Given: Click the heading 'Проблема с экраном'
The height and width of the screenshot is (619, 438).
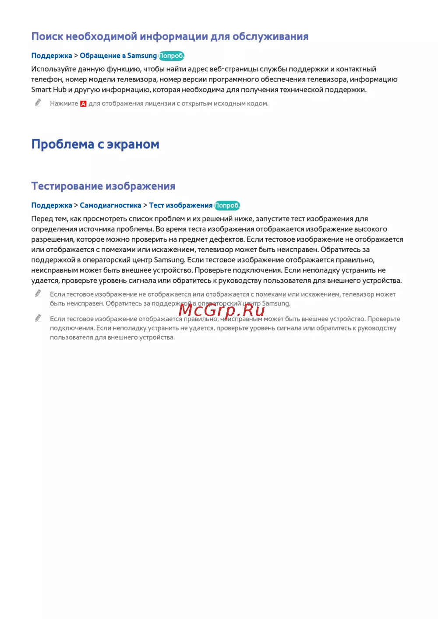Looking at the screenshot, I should (95, 144).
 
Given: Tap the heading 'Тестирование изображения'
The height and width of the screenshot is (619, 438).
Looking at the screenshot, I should (103, 186).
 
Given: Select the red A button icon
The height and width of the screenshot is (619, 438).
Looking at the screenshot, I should (83, 104).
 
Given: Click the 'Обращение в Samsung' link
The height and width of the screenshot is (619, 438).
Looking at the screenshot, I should (118, 56).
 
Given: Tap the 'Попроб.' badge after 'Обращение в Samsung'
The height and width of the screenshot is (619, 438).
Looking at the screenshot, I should (172, 56).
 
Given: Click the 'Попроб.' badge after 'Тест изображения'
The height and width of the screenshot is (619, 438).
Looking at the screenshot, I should (227, 205).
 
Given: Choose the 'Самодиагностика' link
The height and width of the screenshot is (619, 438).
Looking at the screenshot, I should (110, 205).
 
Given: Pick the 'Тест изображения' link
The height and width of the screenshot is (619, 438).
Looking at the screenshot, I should (180, 205).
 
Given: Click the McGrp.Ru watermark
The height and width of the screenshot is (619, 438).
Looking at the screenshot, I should (222, 310).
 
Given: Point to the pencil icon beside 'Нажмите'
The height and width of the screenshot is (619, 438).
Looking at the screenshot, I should (38, 102).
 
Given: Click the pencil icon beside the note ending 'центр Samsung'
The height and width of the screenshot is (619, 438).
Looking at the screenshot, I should (38, 293).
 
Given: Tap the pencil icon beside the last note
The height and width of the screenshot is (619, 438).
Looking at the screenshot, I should (38, 318).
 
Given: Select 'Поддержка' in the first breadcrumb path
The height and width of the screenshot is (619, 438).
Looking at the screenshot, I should (52, 56).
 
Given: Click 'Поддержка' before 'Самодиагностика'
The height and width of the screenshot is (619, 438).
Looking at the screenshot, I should (52, 205).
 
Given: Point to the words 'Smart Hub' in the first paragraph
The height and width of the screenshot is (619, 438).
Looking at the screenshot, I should (49, 90).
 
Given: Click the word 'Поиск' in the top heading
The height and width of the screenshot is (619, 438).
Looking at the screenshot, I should (47, 36).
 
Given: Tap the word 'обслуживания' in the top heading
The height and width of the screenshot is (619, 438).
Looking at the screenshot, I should (270, 36).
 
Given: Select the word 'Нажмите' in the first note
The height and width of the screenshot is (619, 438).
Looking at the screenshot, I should (64, 104).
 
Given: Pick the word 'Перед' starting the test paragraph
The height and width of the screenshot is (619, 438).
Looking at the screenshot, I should (42, 219).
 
